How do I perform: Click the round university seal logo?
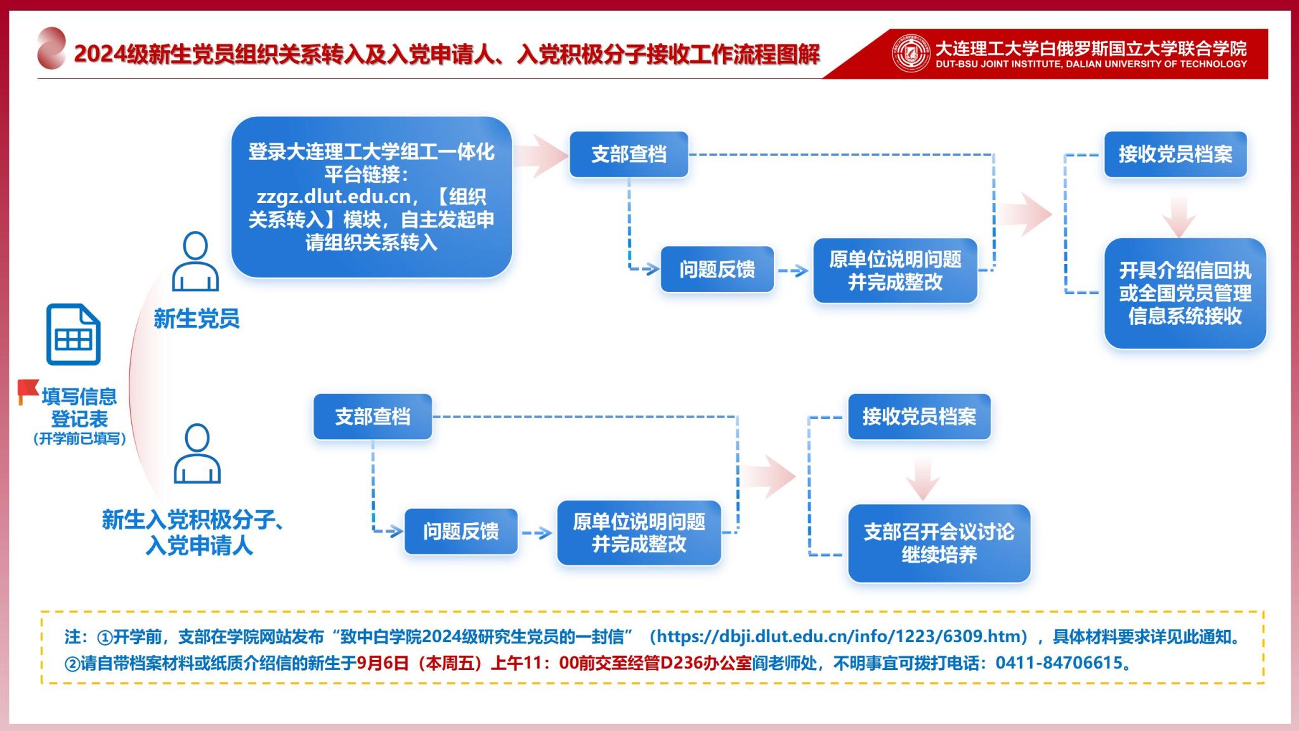pos(911,53)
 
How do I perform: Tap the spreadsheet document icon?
pos(73,334)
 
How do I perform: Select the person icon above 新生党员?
pos(195,261)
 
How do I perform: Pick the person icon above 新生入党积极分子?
pos(197,454)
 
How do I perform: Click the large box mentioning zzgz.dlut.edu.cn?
pos(371,197)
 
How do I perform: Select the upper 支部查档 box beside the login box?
pos(629,154)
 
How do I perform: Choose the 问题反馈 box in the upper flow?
pos(717,270)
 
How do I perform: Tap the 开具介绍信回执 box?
pos(1184,293)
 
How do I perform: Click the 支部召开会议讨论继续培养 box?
pos(939,543)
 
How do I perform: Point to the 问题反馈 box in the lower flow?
pos(460,531)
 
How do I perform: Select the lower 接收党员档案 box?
pos(919,417)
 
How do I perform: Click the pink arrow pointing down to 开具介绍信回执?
pos(1178,216)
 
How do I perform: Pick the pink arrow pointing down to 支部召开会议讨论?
pos(922,478)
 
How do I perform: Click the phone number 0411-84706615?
pos(1059,663)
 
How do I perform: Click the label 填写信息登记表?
pos(79,407)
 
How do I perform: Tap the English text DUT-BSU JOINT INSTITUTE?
pos(1091,64)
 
